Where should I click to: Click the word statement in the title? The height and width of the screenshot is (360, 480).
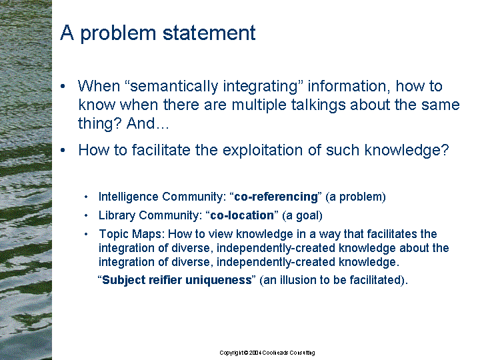tap(209, 33)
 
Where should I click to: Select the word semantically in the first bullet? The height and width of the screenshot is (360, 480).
tap(174, 87)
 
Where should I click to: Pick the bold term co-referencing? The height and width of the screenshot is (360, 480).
tap(276, 197)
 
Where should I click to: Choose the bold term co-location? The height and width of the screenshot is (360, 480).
tap(242, 215)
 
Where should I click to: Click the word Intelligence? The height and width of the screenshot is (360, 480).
tap(128, 197)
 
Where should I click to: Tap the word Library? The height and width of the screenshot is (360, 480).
tap(117, 215)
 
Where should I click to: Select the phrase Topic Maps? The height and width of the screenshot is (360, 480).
tap(132, 234)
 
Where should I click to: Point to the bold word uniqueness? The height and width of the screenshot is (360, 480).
tap(218, 280)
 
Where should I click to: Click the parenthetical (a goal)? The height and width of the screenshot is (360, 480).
tap(302, 215)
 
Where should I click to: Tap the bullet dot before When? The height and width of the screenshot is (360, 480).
tap(63, 87)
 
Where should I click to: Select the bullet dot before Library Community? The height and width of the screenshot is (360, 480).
tap(86, 215)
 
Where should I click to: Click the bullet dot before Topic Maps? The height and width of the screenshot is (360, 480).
tap(86, 234)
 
